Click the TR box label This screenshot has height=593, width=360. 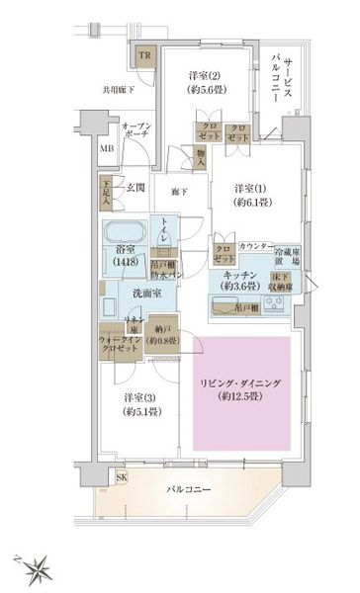(145, 55)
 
